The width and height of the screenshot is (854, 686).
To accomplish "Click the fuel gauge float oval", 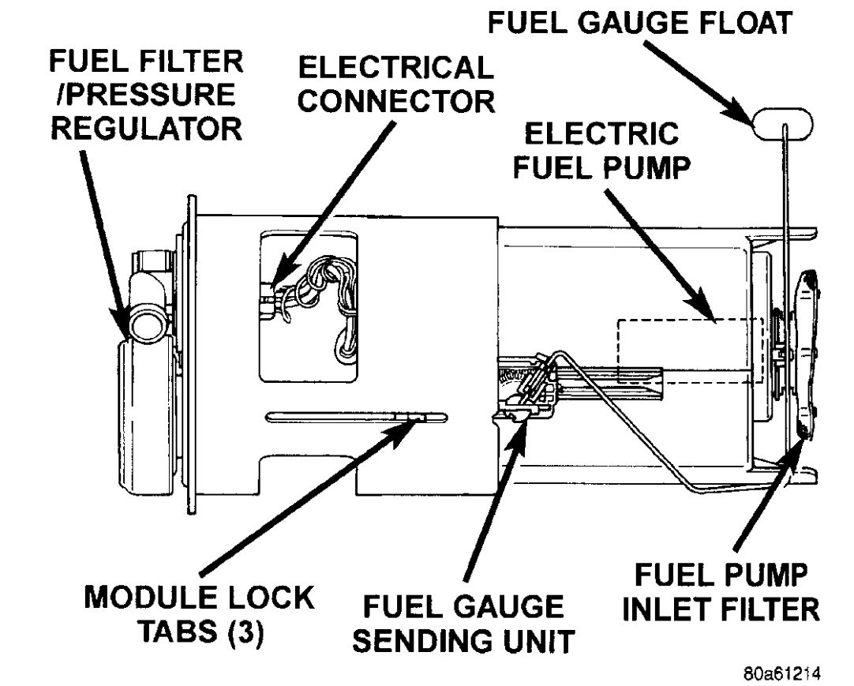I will pos(781,125).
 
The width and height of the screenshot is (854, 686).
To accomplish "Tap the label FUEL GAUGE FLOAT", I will pos(639,24).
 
